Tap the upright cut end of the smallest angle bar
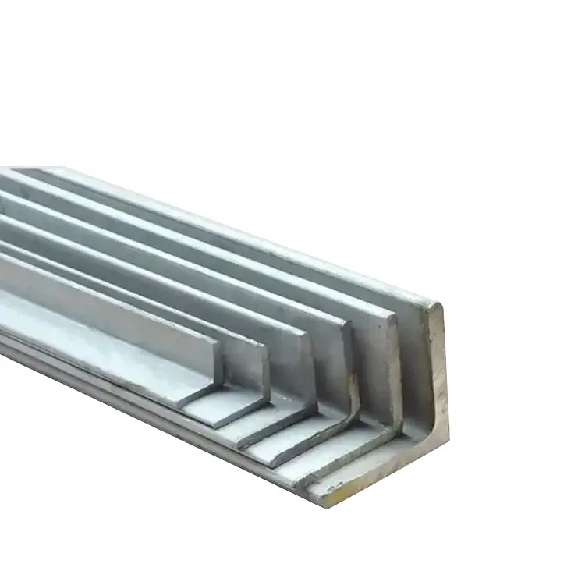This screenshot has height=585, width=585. [216, 359]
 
